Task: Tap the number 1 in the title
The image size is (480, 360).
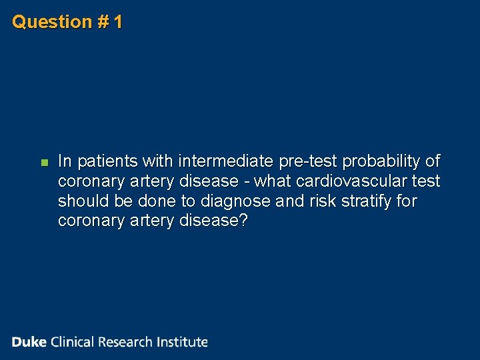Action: click(118, 22)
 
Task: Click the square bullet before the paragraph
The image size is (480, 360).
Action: click(44, 162)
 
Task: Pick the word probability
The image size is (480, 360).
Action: click(383, 161)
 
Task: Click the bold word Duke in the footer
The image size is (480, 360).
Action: click(29, 342)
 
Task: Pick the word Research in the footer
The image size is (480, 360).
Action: click(126, 342)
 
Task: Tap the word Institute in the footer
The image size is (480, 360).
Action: click(182, 342)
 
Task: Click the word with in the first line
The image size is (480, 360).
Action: click(159, 161)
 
